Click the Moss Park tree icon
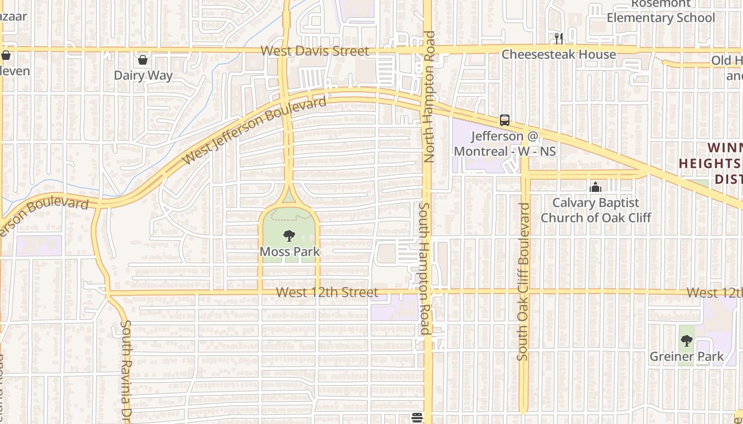289,235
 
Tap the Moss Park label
290,251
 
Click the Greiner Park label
687,357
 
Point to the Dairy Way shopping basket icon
142,59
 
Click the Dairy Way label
143,75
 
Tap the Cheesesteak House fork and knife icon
558,38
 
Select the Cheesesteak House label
559,54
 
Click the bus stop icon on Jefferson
504,120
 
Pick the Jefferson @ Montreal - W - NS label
505,144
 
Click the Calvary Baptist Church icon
595,187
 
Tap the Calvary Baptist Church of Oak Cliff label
596,210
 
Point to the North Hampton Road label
429,96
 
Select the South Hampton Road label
425,269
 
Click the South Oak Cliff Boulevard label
523,281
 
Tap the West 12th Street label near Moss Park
327,292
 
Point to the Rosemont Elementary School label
661,11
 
